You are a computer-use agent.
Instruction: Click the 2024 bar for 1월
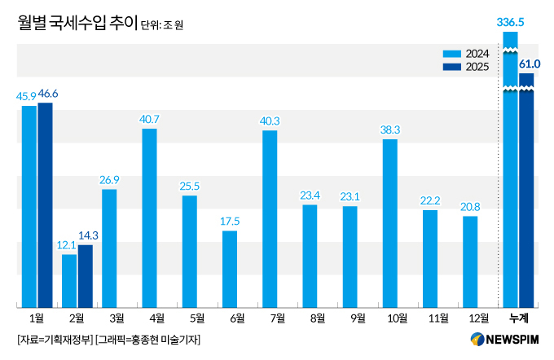point(29,206)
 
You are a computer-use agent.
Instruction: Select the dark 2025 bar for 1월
point(45,204)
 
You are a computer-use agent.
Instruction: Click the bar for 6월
point(230,269)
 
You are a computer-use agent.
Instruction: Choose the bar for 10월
point(390,223)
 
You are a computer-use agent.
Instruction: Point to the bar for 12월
point(470,261)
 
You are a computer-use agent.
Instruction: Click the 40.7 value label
point(149,119)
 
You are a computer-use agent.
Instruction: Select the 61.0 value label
point(528,64)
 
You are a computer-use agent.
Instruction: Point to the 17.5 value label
point(230,222)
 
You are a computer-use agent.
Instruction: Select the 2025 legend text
point(477,67)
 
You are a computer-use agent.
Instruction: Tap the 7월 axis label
point(270,318)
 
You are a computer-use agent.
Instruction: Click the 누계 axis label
point(518,318)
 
